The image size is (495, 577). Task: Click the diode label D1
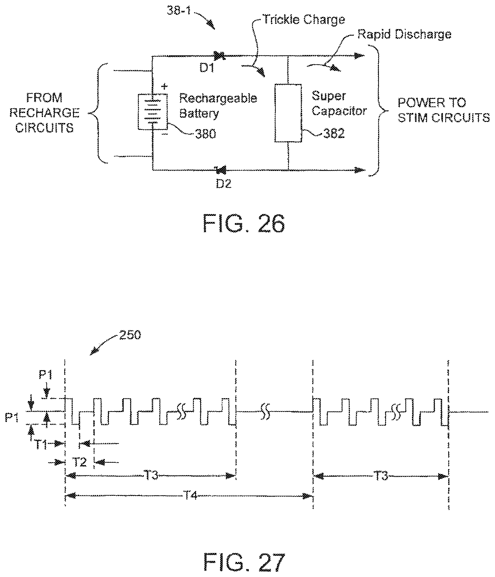tap(207, 68)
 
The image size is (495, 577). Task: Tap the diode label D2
tap(223, 184)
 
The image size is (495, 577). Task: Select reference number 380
tap(205, 134)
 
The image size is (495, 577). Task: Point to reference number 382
tap(334, 133)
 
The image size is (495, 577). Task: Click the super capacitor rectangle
tap(288, 113)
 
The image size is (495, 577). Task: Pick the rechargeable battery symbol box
tap(153, 112)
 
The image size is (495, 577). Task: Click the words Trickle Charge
tap(304, 20)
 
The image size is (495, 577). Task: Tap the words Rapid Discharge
tap(404, 34)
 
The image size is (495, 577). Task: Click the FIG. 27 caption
tap(244, 562)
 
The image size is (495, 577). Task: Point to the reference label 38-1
tap(179, 11)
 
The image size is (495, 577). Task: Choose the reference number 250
tap(130, 335)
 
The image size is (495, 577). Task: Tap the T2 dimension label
tap(80, 462)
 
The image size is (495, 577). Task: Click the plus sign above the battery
tap(164, 86)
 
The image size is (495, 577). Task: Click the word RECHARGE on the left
tap(44, 113)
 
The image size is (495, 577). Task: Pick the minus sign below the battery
tap(164, 134)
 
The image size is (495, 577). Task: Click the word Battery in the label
tap(199, 113)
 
